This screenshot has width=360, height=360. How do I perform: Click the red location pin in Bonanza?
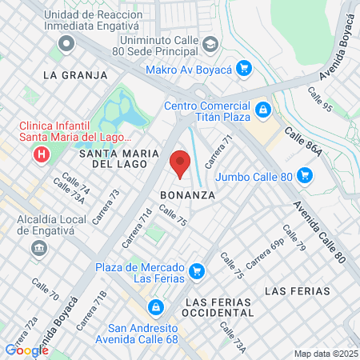[x=179, y=162]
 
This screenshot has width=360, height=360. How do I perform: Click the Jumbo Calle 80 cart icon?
[x=304, y=174]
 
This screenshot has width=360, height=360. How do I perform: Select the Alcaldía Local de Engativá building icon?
[x=38, y=248]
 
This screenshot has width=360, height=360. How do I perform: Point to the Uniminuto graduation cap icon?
[x=210, y=43]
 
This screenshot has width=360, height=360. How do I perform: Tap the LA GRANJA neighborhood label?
[x=75, y=75]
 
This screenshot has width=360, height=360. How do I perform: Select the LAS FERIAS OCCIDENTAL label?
[x=218, y=308]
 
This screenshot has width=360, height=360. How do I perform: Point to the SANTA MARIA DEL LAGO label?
[x=112, y=158]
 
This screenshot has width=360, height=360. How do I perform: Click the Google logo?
[x=27, y=350]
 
